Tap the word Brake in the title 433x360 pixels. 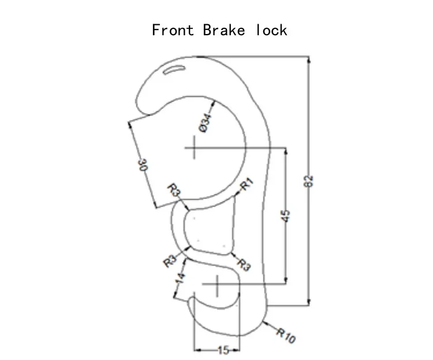click(x=223, y=29)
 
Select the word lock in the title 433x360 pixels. click(x=271, y=29)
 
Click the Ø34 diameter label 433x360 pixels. click(x=205, y=123)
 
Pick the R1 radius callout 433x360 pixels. click(x=247, y=185)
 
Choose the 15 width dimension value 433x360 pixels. click(x=223, y=350)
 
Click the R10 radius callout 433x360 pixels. click(x=285, y=335)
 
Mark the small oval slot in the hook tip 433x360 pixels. click(x=174, y=70)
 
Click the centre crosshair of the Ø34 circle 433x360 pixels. click(x=194, y=148)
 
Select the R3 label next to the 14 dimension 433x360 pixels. click(x=169, y=261)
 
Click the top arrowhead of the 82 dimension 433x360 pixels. click(x=309, y=59)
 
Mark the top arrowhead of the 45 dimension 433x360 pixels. click(x=285, y=152)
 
